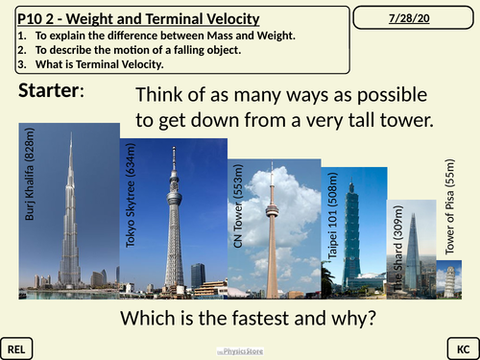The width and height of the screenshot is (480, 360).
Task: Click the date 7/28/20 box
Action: tap(416, 19)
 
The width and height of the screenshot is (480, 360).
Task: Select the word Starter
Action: tap(50, 91)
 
